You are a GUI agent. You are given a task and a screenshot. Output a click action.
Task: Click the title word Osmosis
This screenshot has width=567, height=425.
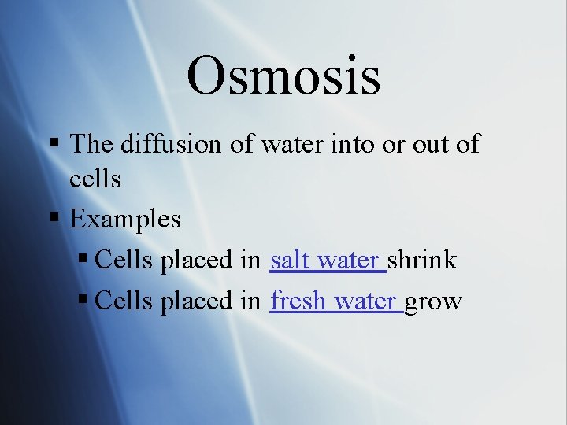click(283, 76)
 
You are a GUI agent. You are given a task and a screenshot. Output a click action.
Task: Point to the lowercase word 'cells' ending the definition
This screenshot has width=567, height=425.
click(94, 179)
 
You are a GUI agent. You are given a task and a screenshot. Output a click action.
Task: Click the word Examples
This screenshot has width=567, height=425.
click(125, 219)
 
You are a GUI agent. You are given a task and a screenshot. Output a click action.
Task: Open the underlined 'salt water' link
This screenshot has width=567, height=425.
click(327, 261)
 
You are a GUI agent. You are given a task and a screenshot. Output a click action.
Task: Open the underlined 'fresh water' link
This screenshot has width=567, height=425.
click(335, 301)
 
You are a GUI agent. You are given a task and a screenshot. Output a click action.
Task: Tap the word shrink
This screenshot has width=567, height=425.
click(422, 261)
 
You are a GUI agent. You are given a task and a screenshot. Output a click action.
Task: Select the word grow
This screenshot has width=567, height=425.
click(433, 302)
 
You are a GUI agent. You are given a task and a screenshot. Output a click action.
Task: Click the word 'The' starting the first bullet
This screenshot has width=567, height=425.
click(93, 144)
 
